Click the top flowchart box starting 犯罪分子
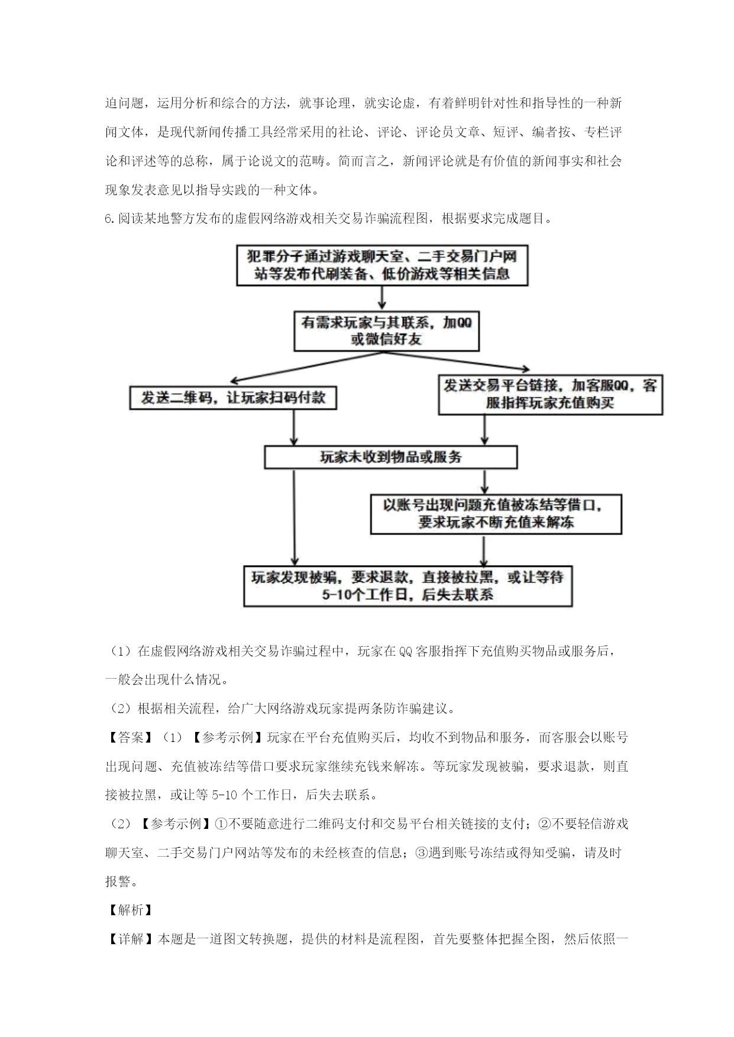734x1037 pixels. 382,265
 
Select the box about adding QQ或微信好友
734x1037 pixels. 387,331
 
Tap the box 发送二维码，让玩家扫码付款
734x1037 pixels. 234,398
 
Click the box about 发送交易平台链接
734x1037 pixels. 550,394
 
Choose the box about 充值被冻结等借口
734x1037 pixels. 496,514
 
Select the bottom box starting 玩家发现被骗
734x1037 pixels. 408,586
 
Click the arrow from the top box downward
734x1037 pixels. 382,299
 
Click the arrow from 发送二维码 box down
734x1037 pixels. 293,427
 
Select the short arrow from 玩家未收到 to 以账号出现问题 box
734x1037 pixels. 484,482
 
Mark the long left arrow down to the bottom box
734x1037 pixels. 293,517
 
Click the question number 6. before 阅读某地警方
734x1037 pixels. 111,219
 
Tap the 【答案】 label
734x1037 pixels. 125,737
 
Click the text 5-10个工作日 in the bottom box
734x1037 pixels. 366,595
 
